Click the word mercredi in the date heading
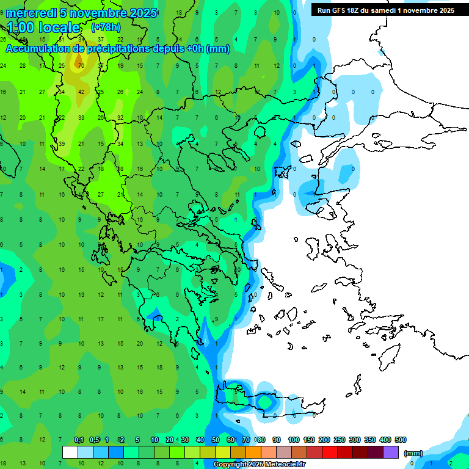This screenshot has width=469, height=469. (31, 13)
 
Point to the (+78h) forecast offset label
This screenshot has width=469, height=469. (106, 27)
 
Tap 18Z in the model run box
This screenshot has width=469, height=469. (356, 10)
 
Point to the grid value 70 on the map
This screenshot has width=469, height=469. (81, 64)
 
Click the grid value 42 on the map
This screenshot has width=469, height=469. (81, 92)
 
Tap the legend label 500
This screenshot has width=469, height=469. (400, 440)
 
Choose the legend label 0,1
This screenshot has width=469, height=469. (79, 440)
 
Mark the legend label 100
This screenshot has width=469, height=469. (294, 440)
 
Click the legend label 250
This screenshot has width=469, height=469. (340, 440)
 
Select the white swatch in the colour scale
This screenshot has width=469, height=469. (70, 453)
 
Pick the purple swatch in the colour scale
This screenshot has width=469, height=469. (391, 453)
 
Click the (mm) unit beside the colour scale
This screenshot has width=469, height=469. (413, 453)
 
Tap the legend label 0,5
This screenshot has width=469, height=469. (94, 440)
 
